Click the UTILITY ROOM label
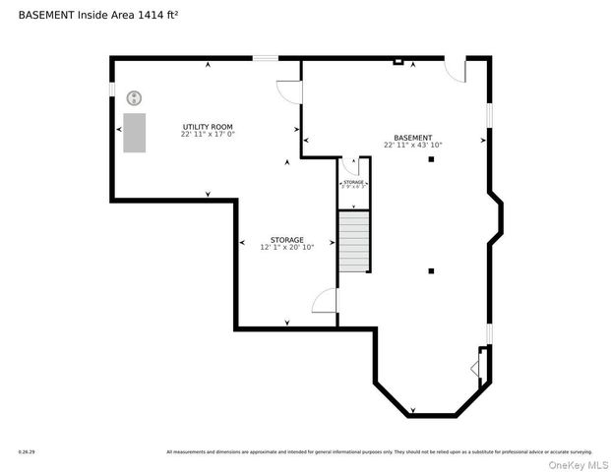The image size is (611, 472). pyautogui.click(x=208, y=127)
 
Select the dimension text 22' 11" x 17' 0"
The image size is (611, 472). pyautogui.click(x=208, y=135)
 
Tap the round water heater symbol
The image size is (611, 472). pyautogui.click(x=135, y=96)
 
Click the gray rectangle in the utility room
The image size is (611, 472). pyautogui.click(x=134, y=133)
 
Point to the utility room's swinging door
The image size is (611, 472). pyautogui.click(x=287, y=90)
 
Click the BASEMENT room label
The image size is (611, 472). pyautogui.click(x=412, y=138)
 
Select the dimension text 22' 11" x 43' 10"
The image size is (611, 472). pyautogui.click(x=412, y=146)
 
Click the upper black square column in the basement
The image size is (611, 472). pyautogui.click(x=431, y=159)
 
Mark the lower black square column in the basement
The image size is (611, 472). pyautogui.click(x=431, y=270)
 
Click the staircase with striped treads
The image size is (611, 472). pyautogui.click(x=354, y=242)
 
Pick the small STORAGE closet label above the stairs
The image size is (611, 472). pyautogui.click(x=354, y=183)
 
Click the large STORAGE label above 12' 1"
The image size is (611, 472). pyautogui.click(x=287, y=240)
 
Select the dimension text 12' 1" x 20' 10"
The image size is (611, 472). pyautogui.click(x=287, y=248)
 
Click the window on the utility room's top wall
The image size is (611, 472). pyautogui.click(x=265, y=58)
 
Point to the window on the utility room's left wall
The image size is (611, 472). pyautogui.click(x=112, y=89)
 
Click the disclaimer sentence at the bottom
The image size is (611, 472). pyautogui.click(x=379, y=452)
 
